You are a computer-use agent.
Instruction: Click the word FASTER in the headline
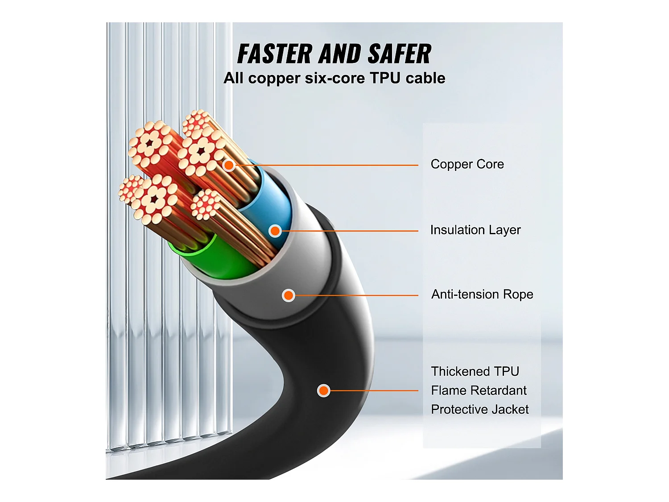275,54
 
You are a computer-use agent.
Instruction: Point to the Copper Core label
467,164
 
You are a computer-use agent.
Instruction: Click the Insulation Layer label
475,230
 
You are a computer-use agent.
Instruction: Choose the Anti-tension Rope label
482,295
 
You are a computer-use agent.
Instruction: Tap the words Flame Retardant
479,390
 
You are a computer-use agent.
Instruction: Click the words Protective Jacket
479,410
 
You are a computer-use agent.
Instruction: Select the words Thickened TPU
475,372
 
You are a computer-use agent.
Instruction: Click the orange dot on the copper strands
229,165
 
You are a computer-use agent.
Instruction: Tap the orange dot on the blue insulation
275,231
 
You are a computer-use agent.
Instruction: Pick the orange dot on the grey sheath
289,295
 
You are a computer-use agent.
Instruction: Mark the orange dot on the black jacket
323,391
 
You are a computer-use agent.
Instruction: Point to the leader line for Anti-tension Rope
357,295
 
